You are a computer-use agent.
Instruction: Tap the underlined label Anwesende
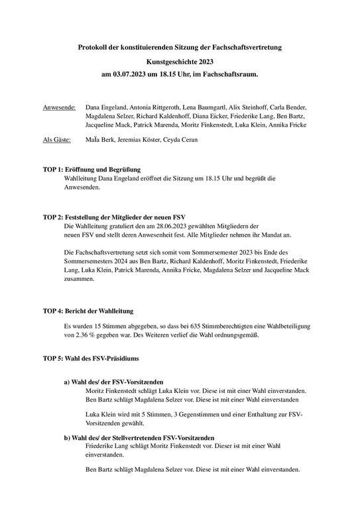point(59,106)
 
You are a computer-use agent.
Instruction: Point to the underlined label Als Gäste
point(58,141)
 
